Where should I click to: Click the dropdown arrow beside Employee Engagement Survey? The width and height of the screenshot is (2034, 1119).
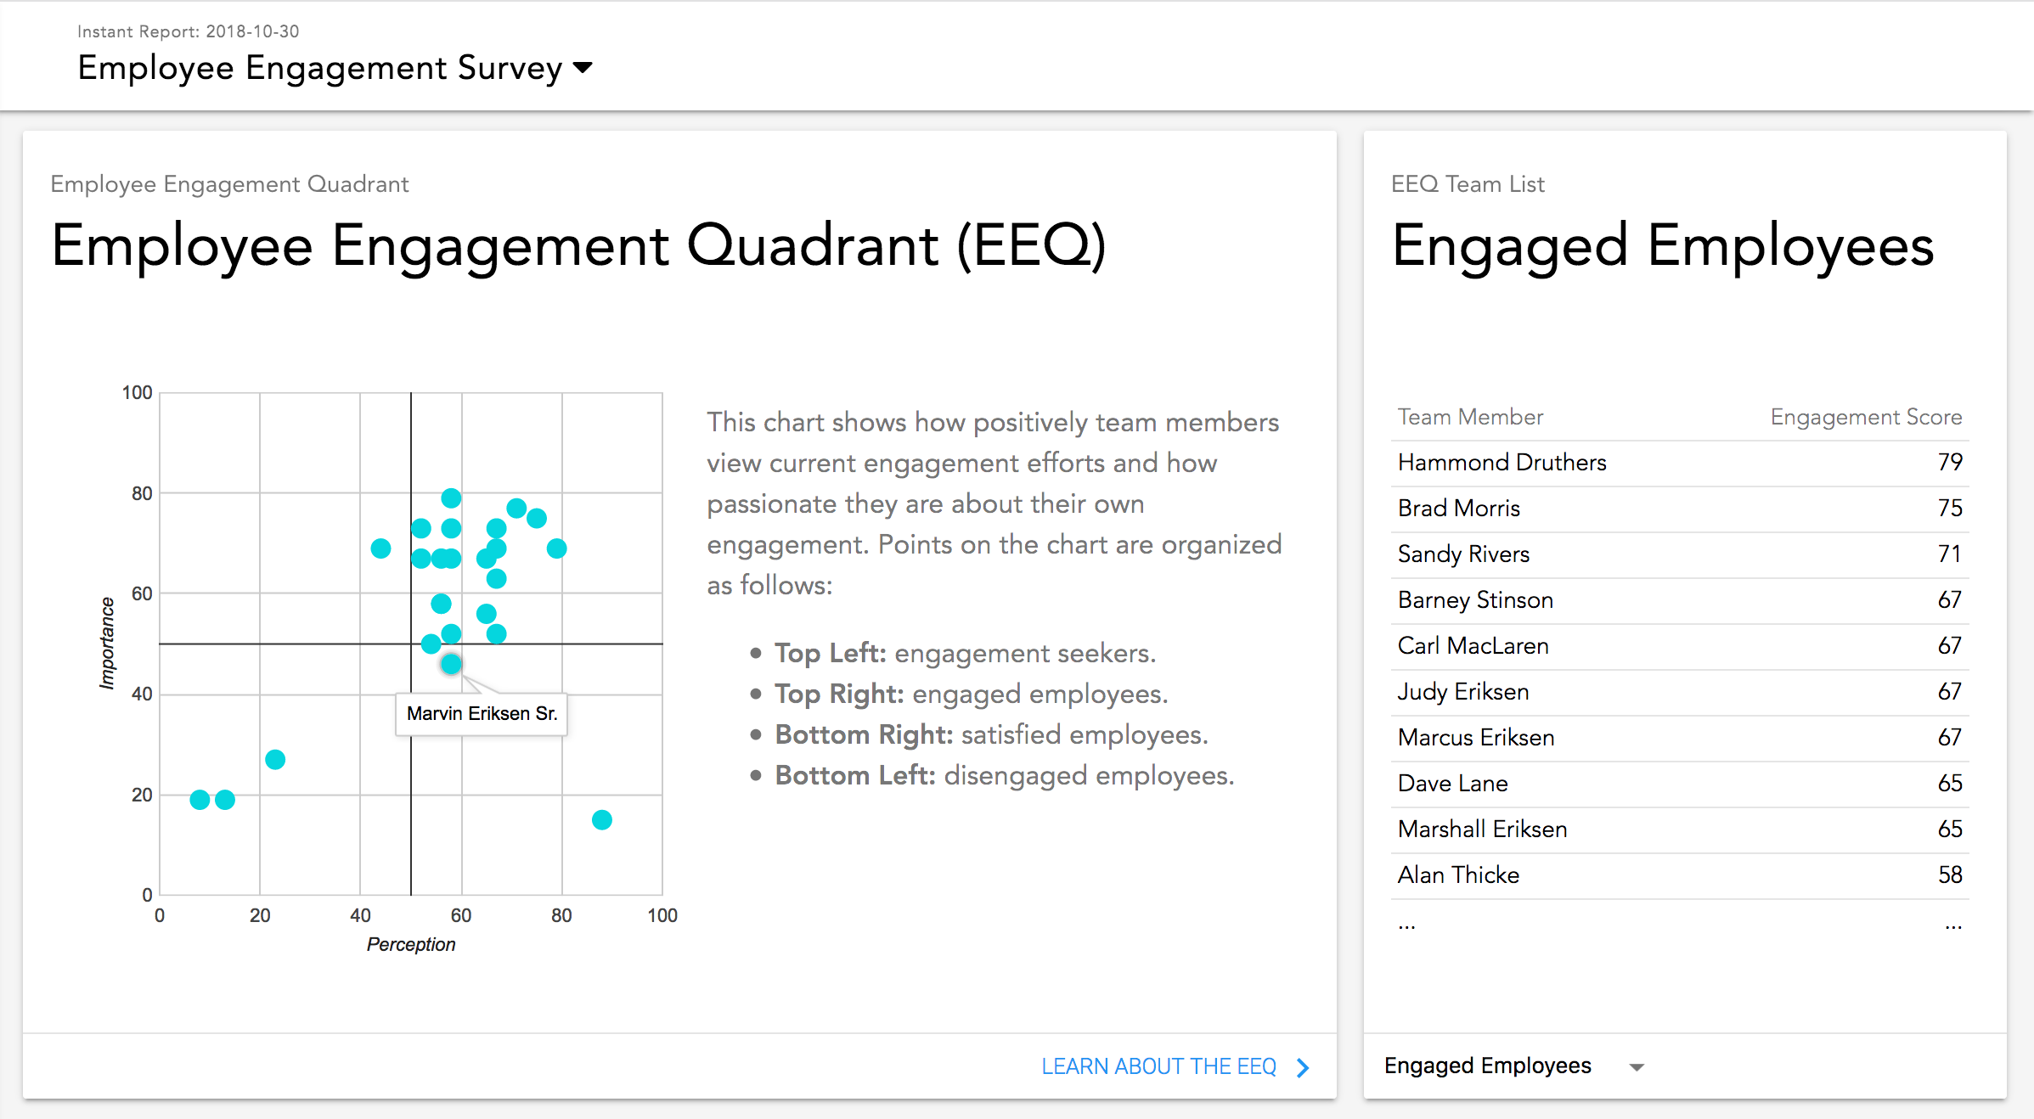(x=583, y=67)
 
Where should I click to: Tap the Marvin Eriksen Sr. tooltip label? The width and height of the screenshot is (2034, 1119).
(x=482, y=713)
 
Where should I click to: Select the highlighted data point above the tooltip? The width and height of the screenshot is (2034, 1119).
(x=451, y=664)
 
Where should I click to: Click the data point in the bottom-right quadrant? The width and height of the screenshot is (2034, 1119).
(x=601, y=819)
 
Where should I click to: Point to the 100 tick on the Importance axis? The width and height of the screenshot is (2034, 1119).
(x=137, y=392)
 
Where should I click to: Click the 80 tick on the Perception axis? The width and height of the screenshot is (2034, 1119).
(x=561, y=915)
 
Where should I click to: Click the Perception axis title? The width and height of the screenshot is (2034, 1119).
(x=411, y=944)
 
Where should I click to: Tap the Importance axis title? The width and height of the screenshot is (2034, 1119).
(x=107, y=643)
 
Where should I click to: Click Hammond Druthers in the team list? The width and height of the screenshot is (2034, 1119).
(x=1502, y=462)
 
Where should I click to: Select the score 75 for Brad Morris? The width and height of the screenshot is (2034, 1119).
(x=1950, y=508)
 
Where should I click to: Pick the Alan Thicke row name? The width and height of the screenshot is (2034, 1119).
(x=1458, y=874)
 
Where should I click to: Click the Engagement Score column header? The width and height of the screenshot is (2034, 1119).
(x=1866, y=417)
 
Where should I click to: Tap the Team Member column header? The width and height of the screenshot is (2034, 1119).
(x=1470, y=417)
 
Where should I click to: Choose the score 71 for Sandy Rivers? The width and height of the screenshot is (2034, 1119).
(x=1950, y=554)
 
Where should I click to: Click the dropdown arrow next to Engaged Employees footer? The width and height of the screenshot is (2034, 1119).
(x=1637, y=1067)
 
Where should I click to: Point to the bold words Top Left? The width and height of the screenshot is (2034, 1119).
(x=831, y=653)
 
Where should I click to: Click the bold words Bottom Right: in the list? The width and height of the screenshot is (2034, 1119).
(x=864, y=734)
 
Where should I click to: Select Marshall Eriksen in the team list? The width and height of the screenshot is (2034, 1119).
(x=1482, y=829)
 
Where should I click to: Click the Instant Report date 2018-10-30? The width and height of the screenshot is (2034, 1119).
(x=252, y=31)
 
